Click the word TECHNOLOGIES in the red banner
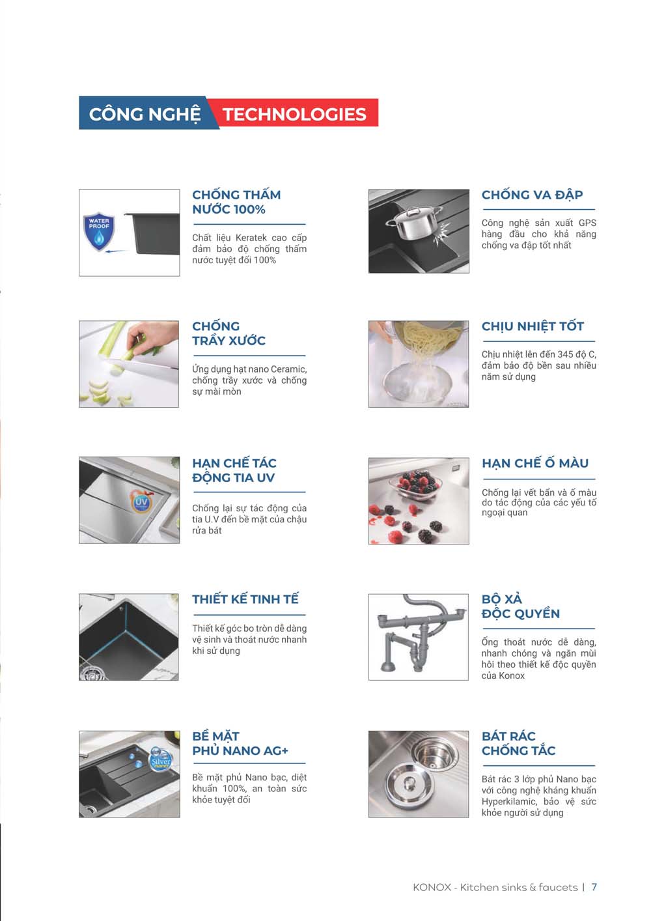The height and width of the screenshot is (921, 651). (x=294, y=114)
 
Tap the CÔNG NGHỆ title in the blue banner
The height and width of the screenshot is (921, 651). (x=145, y=114)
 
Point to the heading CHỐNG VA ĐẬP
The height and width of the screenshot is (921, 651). (x=532, y=195)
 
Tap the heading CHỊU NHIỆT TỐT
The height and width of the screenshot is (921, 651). (x=533, y=326)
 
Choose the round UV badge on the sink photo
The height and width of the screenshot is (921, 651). (x=141, y=502)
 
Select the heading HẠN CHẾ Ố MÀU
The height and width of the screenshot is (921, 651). (x=534, y=463)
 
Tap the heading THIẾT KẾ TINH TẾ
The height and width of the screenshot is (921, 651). (x=245, y=599)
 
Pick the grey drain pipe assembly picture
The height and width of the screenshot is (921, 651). (x=418, y=637)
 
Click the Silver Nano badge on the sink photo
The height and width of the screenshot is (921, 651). (x=160, y=761)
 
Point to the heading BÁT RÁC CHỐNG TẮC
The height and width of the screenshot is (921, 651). (x=518, y=743)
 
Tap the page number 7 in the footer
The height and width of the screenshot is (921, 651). (x=594, y=887)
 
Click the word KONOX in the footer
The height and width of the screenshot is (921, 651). (x=432, y=887)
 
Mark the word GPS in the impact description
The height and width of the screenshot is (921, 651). (x=587, y=223)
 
